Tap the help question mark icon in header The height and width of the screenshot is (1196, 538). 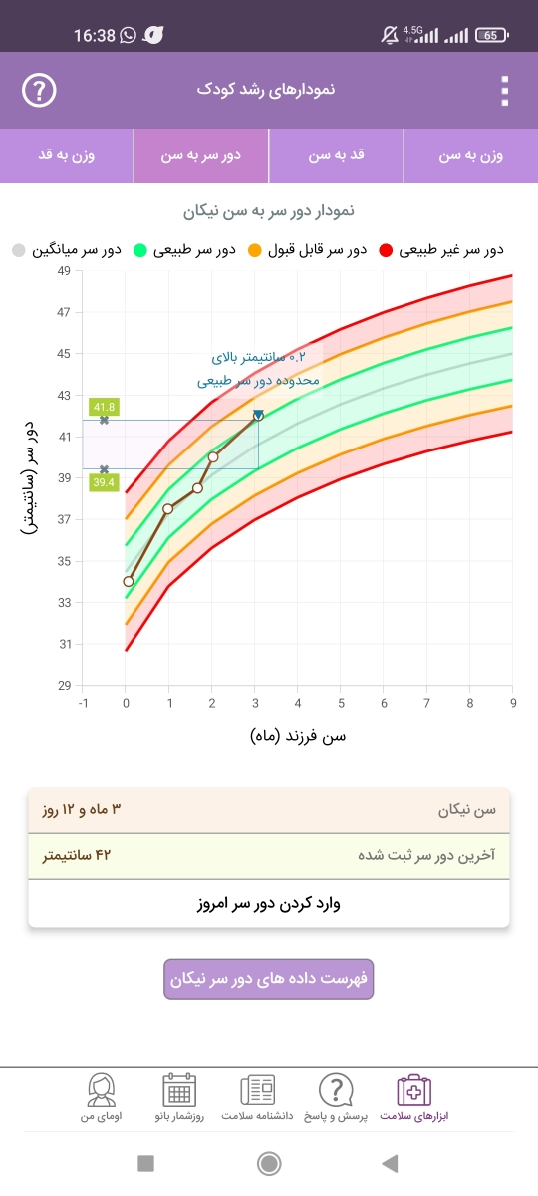coord(39,91)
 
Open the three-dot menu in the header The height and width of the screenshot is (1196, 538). coord(505,91)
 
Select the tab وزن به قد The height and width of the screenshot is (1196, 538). coord(67,155)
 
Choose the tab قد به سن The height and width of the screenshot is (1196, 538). coord(337,155)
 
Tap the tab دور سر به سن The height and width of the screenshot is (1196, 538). coord(201,155)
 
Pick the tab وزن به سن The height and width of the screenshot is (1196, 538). coord(470,155)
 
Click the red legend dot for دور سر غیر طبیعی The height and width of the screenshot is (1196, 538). coord(386,250)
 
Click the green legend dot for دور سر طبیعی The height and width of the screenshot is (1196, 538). coord(139,250)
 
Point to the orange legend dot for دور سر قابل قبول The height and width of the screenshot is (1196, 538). coord(255,250)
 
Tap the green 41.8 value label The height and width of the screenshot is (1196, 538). coord(104,407)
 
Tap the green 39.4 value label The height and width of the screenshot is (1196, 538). coord(104,482)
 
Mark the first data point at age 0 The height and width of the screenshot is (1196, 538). coord(129,581)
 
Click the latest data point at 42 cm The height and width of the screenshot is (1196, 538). coord(258,416)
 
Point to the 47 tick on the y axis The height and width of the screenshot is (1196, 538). coord(64,312)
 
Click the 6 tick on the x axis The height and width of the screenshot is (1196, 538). coord(384,703)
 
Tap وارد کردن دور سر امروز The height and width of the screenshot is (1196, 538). coord(268,903)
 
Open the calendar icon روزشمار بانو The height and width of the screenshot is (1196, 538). coord(179,1090)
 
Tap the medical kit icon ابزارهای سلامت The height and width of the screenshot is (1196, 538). coord(414,1090)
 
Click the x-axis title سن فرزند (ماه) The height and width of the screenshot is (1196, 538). coord(298,736)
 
